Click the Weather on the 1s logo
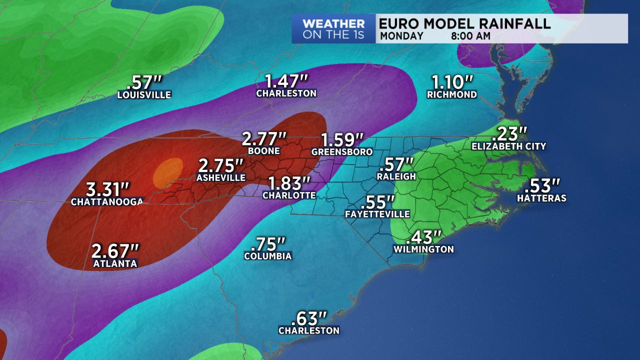[333, 29]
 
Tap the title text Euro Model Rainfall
[464, 23]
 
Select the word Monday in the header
[401, 36]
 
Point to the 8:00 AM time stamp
[469, 36]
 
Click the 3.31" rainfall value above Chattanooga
[108, 189]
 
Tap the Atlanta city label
[115, 263]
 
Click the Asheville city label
[221, 177]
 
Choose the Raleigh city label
[396, 176]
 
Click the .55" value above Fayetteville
[377, 202]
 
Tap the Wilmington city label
[423, 249]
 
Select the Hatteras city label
[542, 198]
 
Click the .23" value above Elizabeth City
[509, 133]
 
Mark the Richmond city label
[452, 94]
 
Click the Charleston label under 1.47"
[286, 93]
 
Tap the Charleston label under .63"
[309, 330]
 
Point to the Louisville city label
[144, 94]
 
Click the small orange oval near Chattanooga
[167, 172]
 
